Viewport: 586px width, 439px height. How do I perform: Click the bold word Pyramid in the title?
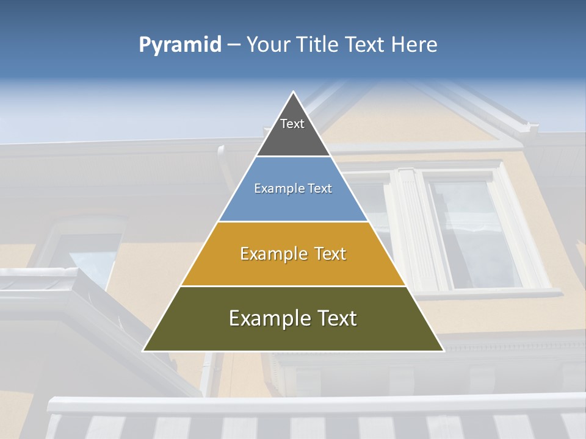(x=180, y=45)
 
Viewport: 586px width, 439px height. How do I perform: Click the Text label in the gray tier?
(x=292, y=124)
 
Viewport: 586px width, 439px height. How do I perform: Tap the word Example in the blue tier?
(x=278, y=188)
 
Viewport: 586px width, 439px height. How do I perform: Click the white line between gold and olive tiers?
(x=293, y=286)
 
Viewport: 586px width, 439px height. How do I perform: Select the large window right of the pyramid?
(x=473, y=235)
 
